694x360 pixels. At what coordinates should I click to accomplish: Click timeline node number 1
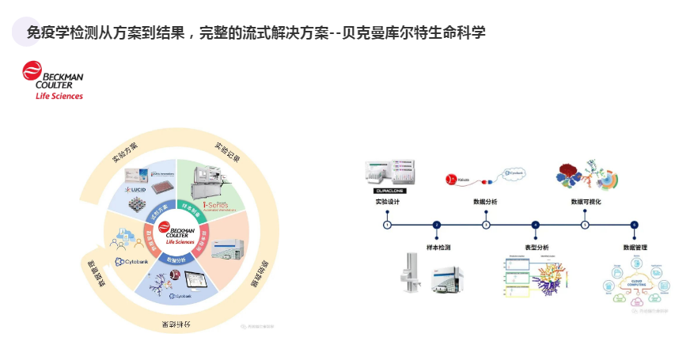point(387,225)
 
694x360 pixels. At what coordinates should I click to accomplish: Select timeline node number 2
point(437,225)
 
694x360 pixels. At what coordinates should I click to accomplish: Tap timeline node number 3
point(486,225)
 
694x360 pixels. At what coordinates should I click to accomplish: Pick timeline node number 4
point(536,225)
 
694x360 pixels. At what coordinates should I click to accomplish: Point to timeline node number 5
point(585,225)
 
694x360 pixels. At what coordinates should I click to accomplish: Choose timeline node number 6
point(634,225)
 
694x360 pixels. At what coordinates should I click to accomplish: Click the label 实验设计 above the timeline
point(388,203)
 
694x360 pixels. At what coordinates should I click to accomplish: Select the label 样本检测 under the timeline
point(437,248)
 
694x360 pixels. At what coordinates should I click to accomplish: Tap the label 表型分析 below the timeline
point(536,248)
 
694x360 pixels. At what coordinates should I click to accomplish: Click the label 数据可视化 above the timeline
point(586,203)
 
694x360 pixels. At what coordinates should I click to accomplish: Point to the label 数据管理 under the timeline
point(635,248)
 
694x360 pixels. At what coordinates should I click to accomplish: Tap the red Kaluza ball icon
point(451,180)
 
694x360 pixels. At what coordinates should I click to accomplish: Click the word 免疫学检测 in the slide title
point(61,32)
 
